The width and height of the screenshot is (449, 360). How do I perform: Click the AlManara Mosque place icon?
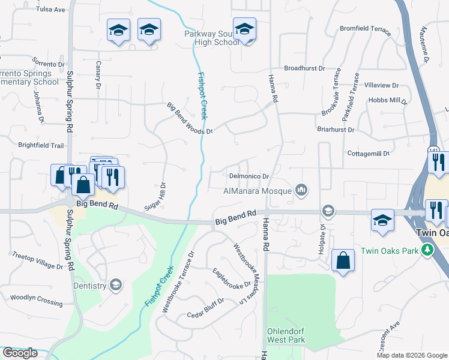[301, 191]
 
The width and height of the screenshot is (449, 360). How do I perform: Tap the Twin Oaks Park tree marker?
[427, 250]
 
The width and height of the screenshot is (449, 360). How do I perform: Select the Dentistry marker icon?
[116, 286]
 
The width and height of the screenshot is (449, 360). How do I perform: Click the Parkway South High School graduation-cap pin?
[244, 29]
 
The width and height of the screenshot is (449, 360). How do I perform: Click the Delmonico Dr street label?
[249, 176]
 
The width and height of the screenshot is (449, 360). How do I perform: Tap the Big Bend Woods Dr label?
[190, 118]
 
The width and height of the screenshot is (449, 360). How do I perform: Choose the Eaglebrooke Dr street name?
[231, 277]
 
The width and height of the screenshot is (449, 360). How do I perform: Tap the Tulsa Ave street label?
[50, 10]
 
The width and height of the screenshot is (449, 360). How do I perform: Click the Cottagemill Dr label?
[369, 154]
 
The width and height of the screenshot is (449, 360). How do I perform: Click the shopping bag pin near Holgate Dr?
[343, 260]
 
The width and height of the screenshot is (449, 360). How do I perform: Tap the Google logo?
[20, 353]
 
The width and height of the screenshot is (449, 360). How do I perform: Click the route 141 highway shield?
[434, 149]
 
